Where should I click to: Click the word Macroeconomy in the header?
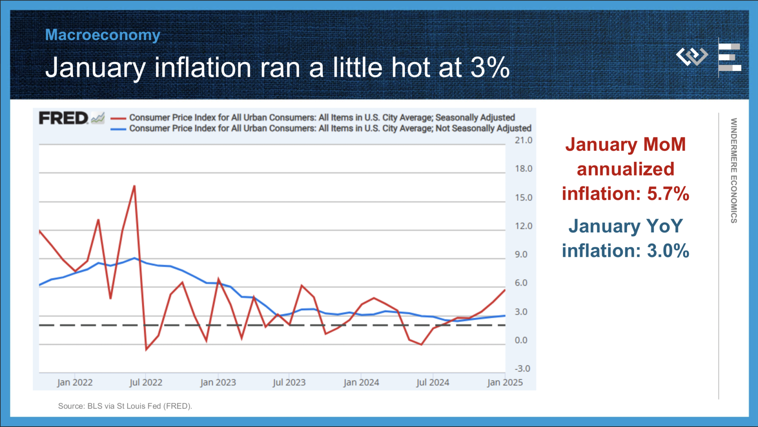pyautogui.click(x=102, y=35)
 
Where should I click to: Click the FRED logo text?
pyautogui.click(x=63, y=118)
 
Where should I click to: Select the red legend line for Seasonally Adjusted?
pyautogui.click(x=118, y=118)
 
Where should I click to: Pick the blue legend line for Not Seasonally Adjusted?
pyautogui.click(x=118, y=129)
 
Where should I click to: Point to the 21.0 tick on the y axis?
pyautogui.click(x=523, y=140)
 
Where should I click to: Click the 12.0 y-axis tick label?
pyautogui.click(x=523, y=226)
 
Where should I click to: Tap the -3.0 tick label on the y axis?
pyautogui.click(x=522, y=369)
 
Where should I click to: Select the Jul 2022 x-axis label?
pyautogui.click(x=146, y=382)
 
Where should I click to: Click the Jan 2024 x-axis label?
pyautogui.click(x=361, y=382)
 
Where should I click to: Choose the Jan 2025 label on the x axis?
pyautogui.click(x=504, y=382)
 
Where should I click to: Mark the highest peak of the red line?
pyautogui.click(x=134, y=186)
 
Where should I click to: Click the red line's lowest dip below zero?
pyautogui.click(x=146, y=349)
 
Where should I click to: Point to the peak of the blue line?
pyautogui.click(x=134, y=258)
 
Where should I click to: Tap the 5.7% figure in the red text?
pyautogui.click(x=668, y=194)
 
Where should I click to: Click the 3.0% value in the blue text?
pyautogui.click(x=668, y=251)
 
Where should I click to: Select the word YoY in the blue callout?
pyautogui.click(x=664, y=226)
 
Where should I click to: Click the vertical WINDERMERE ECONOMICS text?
pyautogui.click(x=734, y=171)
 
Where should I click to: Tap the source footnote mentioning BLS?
pyautogui.click(x=125, y=406)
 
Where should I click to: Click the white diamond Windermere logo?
pyautogui.click(x=692, y=56)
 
